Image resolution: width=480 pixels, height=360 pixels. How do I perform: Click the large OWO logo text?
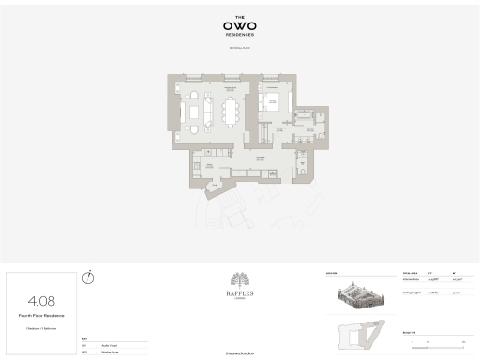tap(240, 25)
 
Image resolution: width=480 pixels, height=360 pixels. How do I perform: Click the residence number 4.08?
tap(41, 301)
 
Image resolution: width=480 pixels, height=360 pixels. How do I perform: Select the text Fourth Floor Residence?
tap(41, 316)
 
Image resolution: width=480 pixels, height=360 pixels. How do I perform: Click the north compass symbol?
tap(88, 277)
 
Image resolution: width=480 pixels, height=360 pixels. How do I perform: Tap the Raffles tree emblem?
tap(240, 281)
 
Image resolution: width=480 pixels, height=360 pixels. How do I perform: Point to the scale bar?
tap(433, 339)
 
